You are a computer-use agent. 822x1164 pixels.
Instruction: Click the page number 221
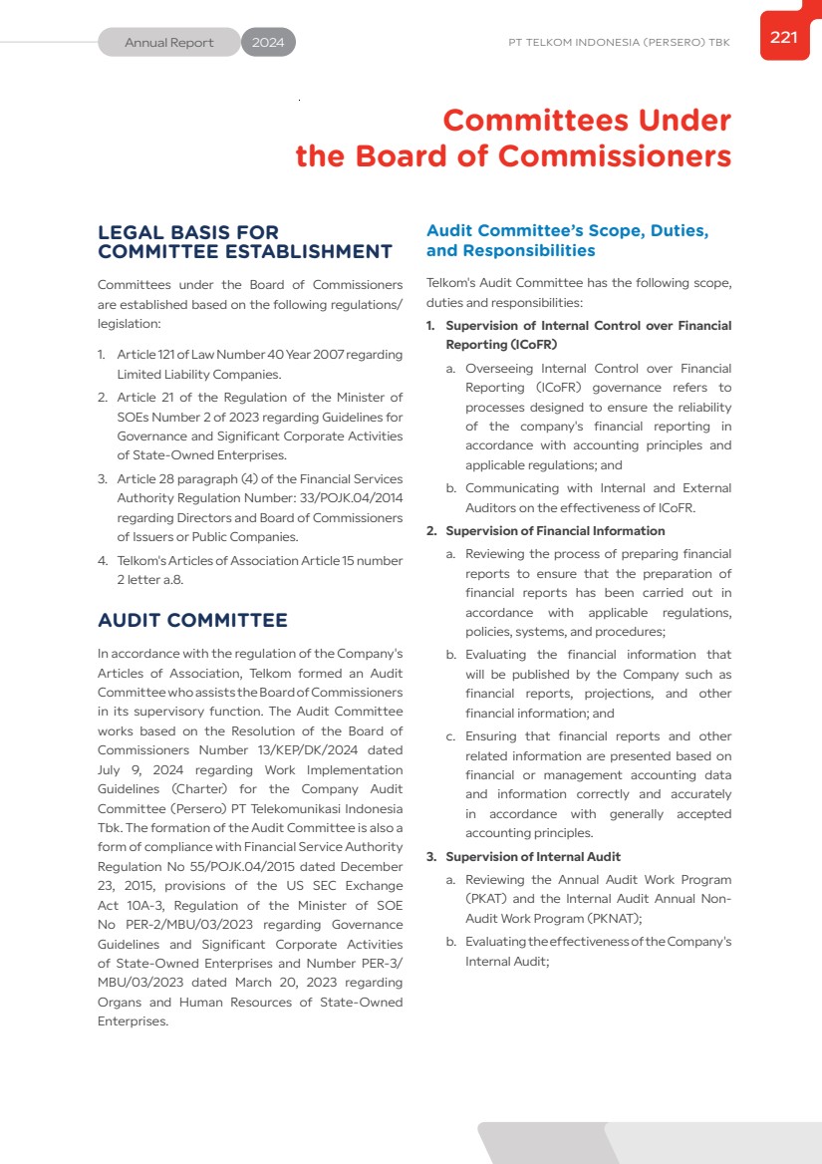(784, 37)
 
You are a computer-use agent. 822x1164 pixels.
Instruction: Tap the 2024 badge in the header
(268, 43)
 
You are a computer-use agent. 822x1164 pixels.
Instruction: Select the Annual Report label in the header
(169, 43)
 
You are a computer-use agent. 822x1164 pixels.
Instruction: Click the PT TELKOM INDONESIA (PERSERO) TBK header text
(619, 43)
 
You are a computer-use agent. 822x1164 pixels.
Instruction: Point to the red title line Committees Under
(587, 121)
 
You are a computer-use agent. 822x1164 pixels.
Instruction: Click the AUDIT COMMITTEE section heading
(192, 620)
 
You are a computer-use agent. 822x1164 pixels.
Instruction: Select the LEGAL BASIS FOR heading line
(188, 232)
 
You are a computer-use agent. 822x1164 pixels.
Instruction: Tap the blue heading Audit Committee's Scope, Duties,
(567, 231)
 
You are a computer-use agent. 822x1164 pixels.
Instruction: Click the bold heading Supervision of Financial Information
(555, 531)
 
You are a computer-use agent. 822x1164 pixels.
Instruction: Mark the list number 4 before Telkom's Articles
(102, 561)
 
